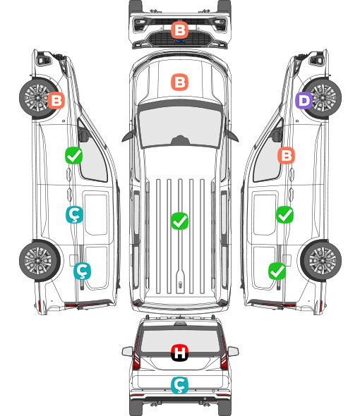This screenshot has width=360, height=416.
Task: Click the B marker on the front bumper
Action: click(179, 30)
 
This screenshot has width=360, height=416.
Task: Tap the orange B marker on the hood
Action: click(179, 82)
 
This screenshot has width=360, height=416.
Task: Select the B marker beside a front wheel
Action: click(56, 100)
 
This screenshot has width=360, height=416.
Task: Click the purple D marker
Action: click(304, 101)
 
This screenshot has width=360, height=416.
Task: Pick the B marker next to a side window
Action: click(286, 155)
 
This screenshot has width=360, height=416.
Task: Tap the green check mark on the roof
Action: click(179, 221)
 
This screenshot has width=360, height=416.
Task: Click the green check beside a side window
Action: click(73, 155)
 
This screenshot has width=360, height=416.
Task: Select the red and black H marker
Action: click(179, 353)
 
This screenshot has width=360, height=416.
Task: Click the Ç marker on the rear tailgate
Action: click(179, 385)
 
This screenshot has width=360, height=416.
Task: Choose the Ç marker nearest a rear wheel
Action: click(82, 271)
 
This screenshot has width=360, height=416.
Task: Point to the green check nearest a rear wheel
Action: click(277, 271)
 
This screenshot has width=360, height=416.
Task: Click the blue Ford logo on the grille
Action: click(179, 41)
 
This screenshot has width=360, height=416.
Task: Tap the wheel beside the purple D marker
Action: click(323, 98)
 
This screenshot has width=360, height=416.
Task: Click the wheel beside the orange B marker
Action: click(38, 98)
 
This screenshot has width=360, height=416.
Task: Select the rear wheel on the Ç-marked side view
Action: click(39, 261)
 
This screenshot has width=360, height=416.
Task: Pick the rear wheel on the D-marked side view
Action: click(321, 261)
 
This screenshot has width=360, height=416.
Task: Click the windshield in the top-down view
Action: click(180, 127)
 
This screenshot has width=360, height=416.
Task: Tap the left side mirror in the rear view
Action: click(128, 351)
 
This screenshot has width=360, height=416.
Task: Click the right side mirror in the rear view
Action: click(233, 351)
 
